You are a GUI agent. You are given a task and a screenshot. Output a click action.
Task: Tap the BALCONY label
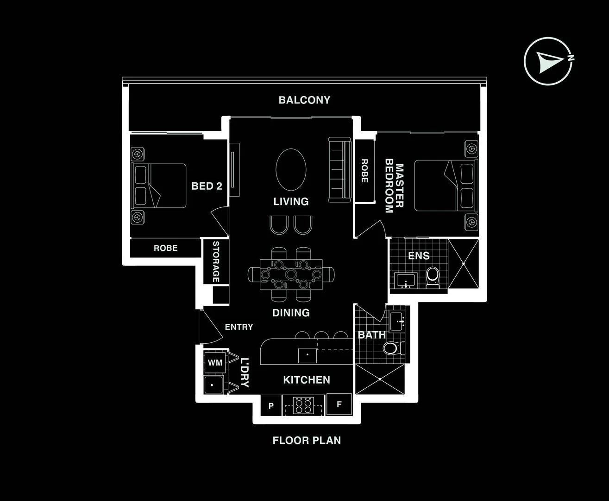point(304,100)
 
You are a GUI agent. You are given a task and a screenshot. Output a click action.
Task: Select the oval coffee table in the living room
point(291,169)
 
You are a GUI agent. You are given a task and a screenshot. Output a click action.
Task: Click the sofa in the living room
point(339,170)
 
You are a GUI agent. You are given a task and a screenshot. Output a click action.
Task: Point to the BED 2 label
point(207,186)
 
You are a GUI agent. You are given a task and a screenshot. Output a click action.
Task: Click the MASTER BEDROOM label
point(394,188)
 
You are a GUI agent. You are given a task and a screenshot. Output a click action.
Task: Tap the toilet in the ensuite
point(433,276)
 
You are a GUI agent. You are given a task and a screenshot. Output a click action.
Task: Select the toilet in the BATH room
point(392,348)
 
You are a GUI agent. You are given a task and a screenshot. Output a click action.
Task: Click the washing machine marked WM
point(215,362)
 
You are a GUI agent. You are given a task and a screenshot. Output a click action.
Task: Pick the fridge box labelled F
point(339,405)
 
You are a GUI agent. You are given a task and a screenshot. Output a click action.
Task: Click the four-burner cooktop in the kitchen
point(304,405)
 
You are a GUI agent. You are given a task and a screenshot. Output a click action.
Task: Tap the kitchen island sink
point(307,355)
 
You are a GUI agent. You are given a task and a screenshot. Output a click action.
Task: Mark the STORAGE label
point(216,262)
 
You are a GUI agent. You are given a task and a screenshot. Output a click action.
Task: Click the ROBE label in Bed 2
point(165,248)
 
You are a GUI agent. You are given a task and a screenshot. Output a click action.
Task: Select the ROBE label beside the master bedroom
point(364,171)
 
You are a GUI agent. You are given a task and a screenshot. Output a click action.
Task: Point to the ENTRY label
point(239,327)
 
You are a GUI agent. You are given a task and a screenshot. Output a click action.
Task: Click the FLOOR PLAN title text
point(307,440)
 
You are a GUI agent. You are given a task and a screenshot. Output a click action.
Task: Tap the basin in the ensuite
point(406,281)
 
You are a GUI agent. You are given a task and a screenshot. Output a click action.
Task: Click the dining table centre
point(291,274)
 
